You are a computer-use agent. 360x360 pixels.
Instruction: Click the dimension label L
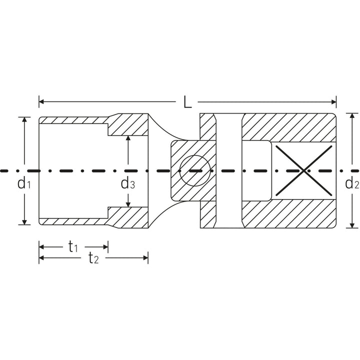coord(187,102)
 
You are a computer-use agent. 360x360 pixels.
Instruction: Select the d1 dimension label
coord(24,183)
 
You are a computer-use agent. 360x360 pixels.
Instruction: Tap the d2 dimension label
coord(352,183)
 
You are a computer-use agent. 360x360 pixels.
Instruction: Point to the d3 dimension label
coord(128,183)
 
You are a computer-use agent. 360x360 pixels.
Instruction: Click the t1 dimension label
coord(73,246)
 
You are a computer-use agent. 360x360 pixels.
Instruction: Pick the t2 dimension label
coord(93,258)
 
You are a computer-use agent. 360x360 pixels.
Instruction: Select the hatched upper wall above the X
coord(287,127)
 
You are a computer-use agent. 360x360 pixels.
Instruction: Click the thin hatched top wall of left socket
coord(72,120)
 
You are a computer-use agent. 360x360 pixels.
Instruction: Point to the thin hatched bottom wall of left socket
coord(72,220)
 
